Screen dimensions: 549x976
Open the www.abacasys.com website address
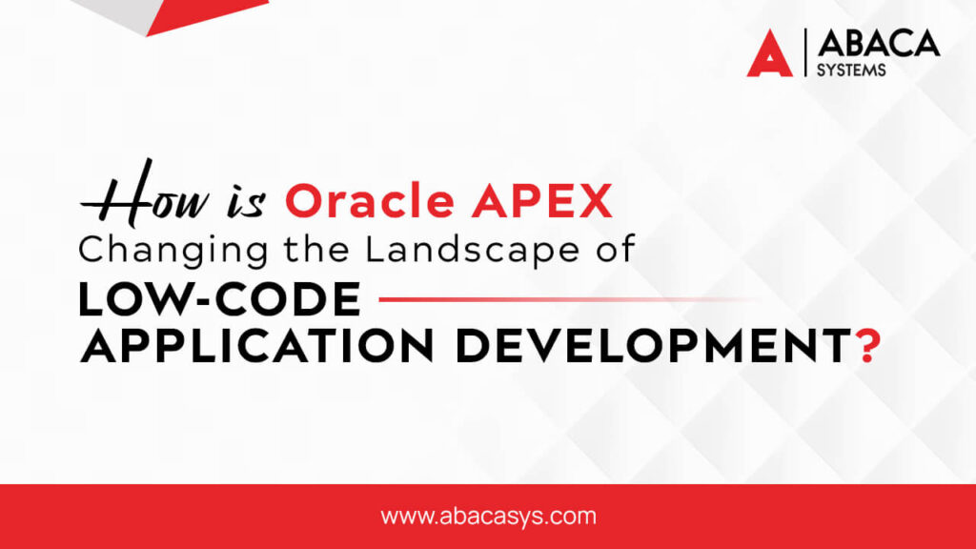(488, 517)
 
